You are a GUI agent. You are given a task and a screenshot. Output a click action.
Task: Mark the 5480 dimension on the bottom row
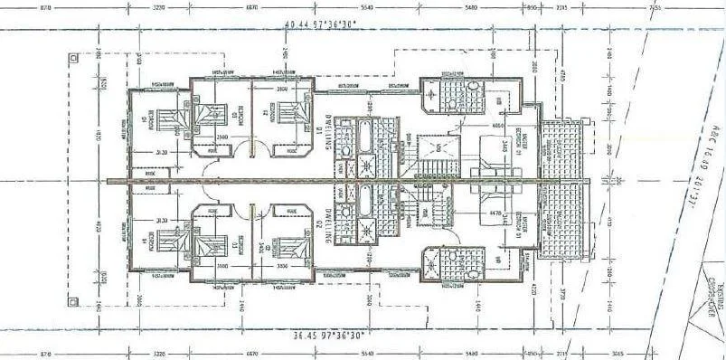point(470,354)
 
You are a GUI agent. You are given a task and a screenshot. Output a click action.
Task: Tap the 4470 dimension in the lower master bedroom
point(495,213)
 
